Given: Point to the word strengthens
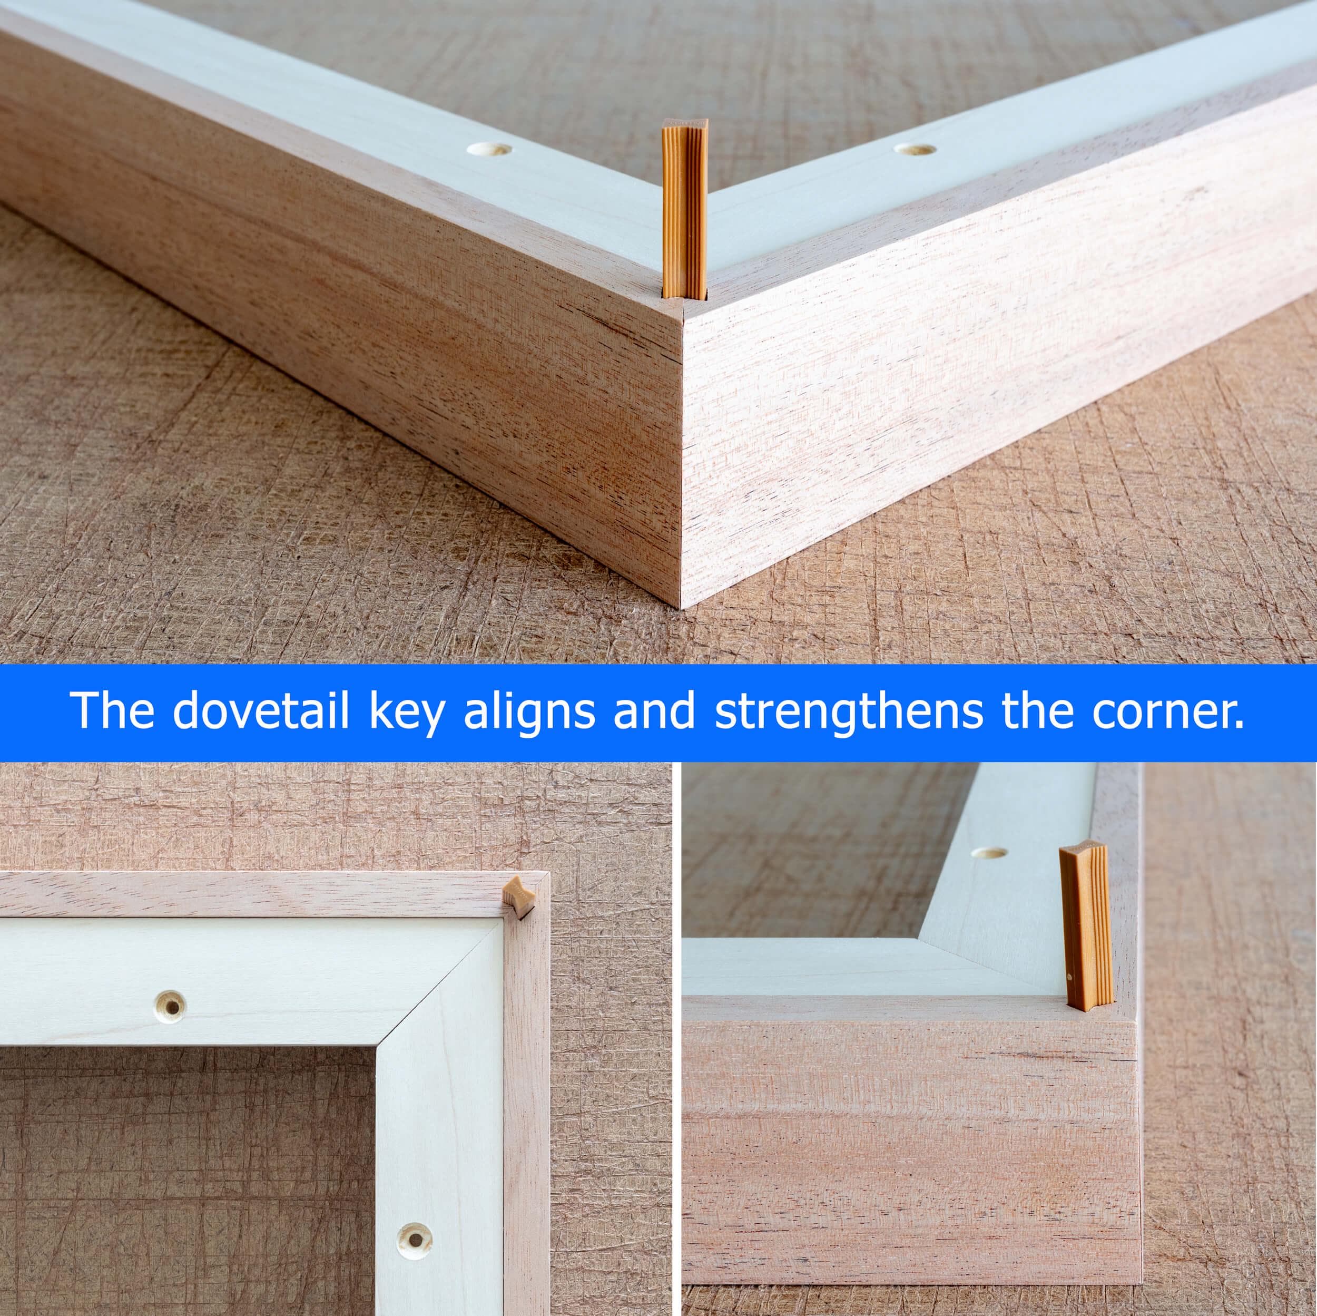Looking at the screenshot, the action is click(848, 714).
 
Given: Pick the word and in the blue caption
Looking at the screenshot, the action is click(654, 710).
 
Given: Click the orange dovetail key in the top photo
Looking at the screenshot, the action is click(684, 209).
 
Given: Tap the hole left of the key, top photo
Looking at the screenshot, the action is click(489, 149).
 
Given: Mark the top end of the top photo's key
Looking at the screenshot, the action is click(685, 123).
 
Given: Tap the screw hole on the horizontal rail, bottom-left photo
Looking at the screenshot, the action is click(169, 1007).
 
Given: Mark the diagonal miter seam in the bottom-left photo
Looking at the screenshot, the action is click(442, 981).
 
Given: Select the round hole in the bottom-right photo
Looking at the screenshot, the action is click(989, 853).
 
